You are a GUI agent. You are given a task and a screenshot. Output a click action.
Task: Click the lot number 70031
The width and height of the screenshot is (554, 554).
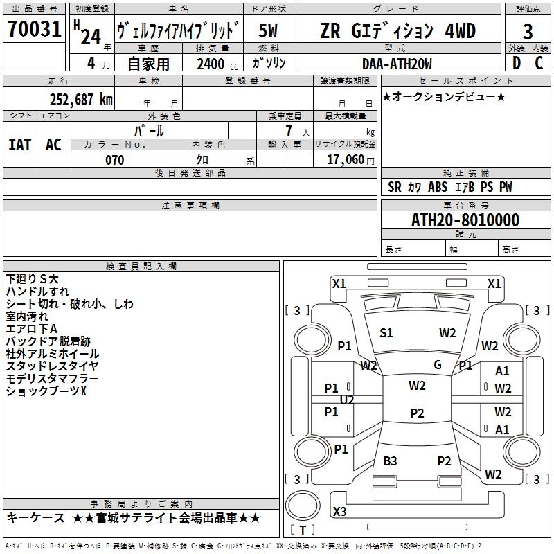(x=35, y=31)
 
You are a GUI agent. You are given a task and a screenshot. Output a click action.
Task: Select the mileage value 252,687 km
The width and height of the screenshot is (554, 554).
(x=81, y=99)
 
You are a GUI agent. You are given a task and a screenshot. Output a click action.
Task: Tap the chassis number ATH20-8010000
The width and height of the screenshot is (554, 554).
(x=465, y=221)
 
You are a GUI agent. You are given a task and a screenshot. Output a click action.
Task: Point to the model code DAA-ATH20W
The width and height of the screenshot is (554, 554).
(x=397, y=64)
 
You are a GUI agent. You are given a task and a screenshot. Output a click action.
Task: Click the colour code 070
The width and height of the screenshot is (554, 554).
(x=114, y=160)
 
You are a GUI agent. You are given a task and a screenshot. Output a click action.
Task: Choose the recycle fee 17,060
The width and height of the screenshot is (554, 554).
(x=349, y=160)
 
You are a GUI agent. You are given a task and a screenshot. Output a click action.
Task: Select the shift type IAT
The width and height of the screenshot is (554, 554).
(x=19, y=144)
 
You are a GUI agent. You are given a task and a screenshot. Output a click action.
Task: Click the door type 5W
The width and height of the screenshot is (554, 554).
(x=269, y=31)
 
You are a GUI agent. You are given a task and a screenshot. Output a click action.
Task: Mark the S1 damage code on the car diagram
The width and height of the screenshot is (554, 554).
(x=386, y=333)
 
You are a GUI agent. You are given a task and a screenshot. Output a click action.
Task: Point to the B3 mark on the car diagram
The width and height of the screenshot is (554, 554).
(x=390, y=461)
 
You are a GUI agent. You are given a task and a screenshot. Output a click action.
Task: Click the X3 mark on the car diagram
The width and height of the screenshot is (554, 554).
(x=339, y=512)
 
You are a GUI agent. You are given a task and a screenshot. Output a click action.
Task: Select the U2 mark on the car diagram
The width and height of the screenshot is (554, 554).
(x=347, y=400)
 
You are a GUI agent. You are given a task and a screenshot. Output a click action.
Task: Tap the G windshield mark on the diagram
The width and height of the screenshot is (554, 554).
(x=437, y=365)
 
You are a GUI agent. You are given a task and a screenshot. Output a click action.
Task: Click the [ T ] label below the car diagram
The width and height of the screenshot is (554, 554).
(x=302, y=530)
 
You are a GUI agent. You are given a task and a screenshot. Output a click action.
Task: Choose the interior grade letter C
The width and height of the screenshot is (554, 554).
(x=539, y=64)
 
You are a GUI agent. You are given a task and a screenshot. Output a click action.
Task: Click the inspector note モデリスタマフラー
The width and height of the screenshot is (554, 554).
(x=52, y=379)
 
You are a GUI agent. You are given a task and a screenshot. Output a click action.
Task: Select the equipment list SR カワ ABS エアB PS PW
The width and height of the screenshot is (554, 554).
(x=450, y=187)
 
